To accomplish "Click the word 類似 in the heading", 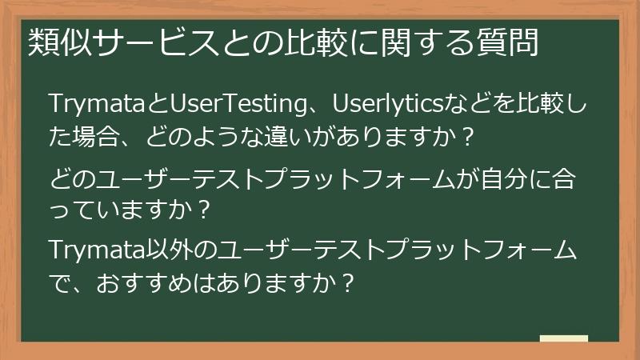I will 55,42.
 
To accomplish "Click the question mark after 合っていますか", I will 203,210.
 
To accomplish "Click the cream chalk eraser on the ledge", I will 563,338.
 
